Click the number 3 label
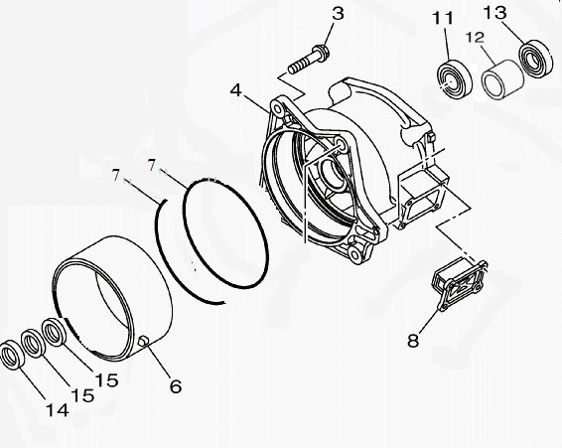coord(338,14)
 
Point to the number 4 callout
coord(235,89)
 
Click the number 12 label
coord(475,38)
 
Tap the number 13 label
coord(522,13)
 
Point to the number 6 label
coord(175,385)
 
